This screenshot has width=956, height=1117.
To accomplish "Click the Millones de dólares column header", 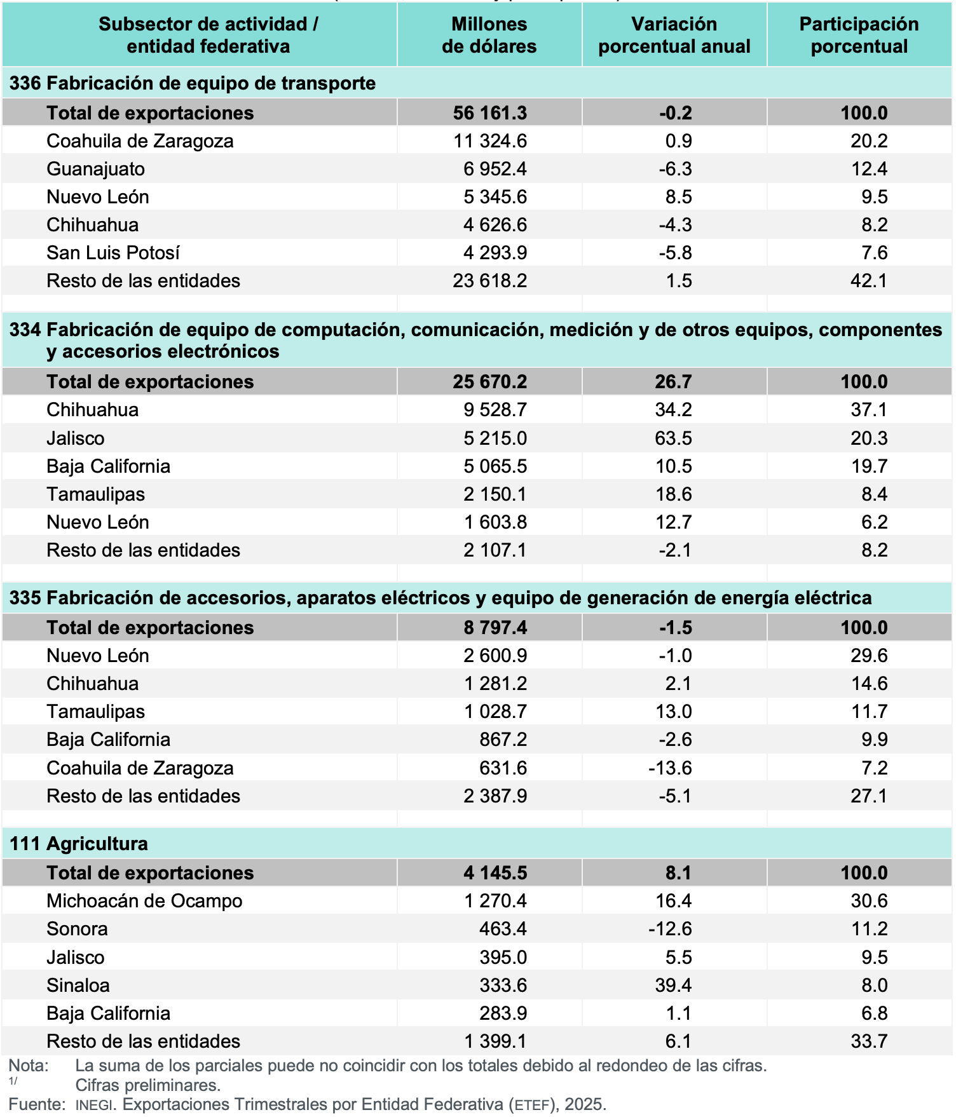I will pyautogui.click(x=489, y=35).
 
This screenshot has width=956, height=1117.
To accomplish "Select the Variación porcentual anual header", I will pyautogui.click(x=674, y=35).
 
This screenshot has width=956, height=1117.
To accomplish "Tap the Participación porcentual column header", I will pyautogui.click(x=859, y=35).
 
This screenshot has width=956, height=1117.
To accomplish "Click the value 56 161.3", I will pyautogui.click(x=489, y=113).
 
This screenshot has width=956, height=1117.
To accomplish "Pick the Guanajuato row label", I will pyautogui.click(x=95, y=169).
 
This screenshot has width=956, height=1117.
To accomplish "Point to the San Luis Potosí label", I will pyautogui.click(x=113, y=253).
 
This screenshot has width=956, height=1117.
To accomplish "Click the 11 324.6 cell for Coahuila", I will pyautogui.click(x=489, y=141).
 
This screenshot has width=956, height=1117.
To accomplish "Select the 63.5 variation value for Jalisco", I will pyautogui.click(x=674, y=438).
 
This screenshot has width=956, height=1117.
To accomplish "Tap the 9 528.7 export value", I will pyautogui.click(x=495, y=410).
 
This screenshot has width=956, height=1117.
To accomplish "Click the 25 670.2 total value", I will pyautogui.click(x=489, y=382).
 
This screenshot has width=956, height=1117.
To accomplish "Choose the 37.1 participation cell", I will pyautogui.click(x=869, y=410).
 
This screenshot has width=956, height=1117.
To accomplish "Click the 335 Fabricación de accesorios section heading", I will pyautogui.click(x=440, y=598).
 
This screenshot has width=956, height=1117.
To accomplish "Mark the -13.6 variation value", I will pyautogui.click(x=670, y=768).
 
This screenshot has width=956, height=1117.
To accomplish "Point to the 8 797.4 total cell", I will pyautogui.click(x=495, y=628).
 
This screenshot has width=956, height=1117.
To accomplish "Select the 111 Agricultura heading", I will pyautogui.click(x=79, y=844).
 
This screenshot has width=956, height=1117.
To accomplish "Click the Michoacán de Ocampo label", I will pyautogui.click(x=144, y=901).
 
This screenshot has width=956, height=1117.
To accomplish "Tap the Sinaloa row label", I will pyautogui.click(x=78, y=985).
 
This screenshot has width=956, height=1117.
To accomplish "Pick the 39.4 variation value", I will pyautogui.click(x=674, y=985).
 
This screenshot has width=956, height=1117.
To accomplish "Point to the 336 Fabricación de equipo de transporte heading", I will pyautogui.click(x=192, y=83).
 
